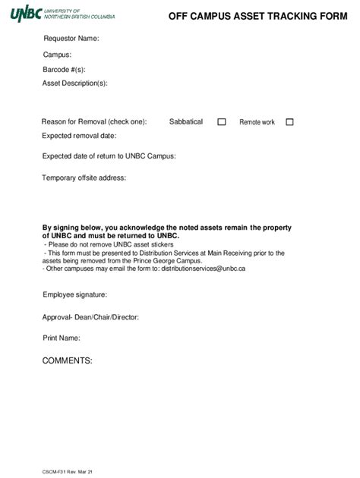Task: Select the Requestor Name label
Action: click(x=71, y=39)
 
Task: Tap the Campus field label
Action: click(x=57, y=55)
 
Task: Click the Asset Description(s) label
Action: click(x=75, y=83)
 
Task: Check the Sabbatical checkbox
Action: click(x=222, y=121)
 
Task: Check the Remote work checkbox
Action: click(x=289, y=121)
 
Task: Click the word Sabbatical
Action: click(x=186, y=121)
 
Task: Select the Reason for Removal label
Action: click(x=93, y=121)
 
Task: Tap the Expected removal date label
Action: click(x=79, y=136)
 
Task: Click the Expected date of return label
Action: click(x=109, y=156)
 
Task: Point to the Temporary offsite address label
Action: click(x=84, y=178)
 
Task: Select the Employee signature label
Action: click(x=74, y=294)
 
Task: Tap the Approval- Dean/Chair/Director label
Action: click(x=90, y=316)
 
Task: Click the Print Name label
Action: click(x=62, y=338)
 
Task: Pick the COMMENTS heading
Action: click(x=68, y=360)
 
